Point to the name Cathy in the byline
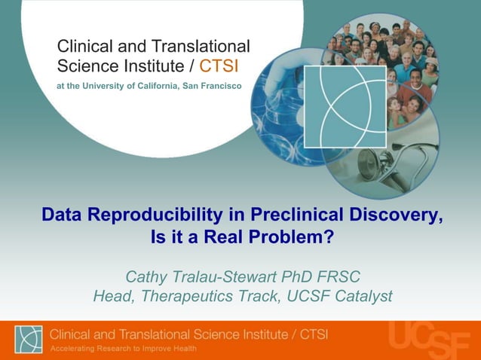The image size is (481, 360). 146,276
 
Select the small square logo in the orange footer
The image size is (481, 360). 29,340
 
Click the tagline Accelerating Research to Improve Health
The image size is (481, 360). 124,348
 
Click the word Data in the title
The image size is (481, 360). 61,215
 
